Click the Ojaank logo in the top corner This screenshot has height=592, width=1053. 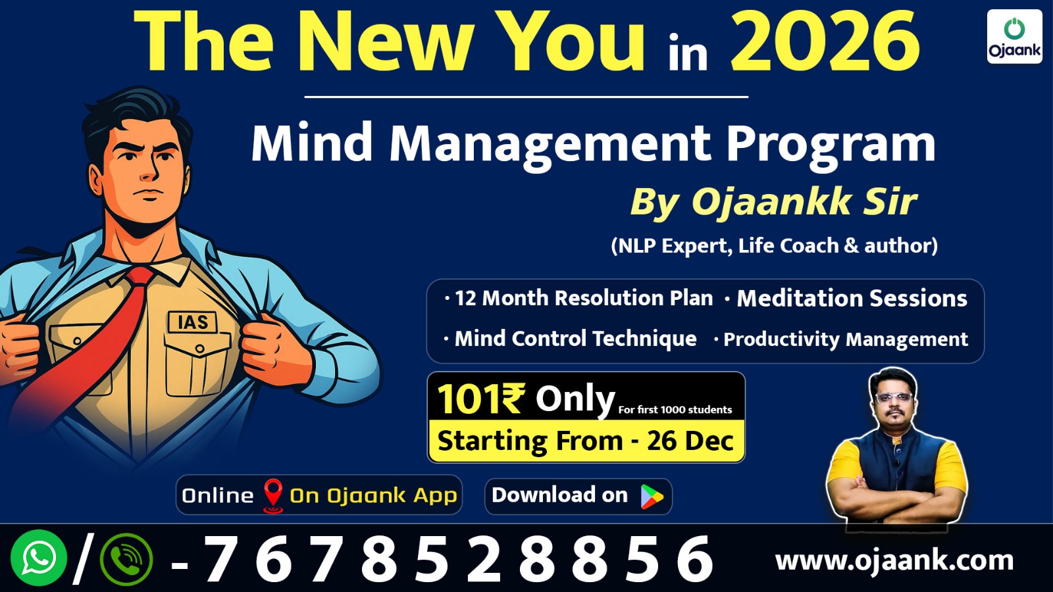coord(1014,37)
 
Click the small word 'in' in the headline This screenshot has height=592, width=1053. coord(688,54)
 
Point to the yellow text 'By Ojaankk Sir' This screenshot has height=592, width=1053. coord(773,201)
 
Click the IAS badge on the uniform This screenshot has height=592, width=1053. coord(192,322)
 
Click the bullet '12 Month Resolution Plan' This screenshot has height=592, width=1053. coord(583,298)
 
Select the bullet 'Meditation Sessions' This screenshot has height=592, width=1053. coord(852,298)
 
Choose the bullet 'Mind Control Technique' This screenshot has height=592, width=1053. coord(575,339)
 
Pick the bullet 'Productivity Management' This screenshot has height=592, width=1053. coord(845,339)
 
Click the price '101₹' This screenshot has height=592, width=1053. coord(480,399)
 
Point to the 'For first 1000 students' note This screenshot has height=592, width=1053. coord(675,410)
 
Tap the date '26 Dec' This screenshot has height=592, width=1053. coord(690,441)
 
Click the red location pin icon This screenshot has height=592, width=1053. coord(272,495)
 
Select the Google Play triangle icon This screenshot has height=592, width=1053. coord(652,497)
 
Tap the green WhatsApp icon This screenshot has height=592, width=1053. coord(38,558)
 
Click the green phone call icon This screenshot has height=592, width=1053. coord(126,560)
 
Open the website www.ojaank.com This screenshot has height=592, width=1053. coord(894,560)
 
